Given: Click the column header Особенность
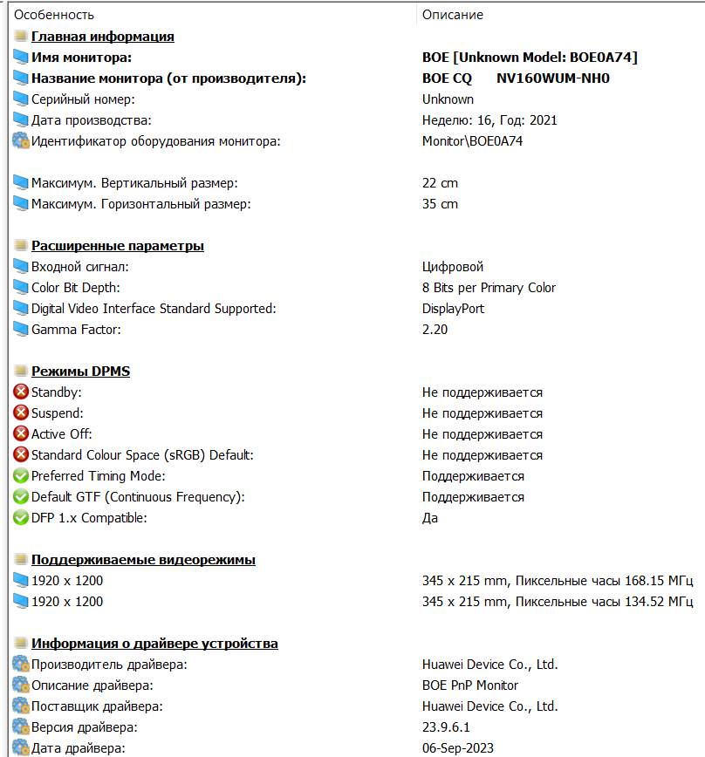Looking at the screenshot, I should [54, 15].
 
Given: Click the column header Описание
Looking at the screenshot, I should [452, 15].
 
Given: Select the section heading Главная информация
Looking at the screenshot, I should [102, 37].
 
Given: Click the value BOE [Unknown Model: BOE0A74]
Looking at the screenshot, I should [530, 58].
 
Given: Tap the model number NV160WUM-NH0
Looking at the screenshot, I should [552, 78].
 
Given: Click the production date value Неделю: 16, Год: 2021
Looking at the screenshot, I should [489, 120].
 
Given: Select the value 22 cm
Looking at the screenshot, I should [440, 183].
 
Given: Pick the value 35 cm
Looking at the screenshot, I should [440, 204].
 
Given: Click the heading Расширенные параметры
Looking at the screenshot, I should [117, 246].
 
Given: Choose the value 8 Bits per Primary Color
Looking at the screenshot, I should [489, 288].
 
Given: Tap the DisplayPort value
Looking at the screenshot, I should [453, 309].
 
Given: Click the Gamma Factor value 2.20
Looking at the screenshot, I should [435, 330].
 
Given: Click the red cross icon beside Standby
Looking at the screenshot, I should [21, 392].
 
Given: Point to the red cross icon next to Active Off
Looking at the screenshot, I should [21, 434].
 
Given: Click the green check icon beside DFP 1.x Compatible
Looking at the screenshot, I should [21, 518].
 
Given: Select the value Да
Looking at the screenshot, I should [430, 518].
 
